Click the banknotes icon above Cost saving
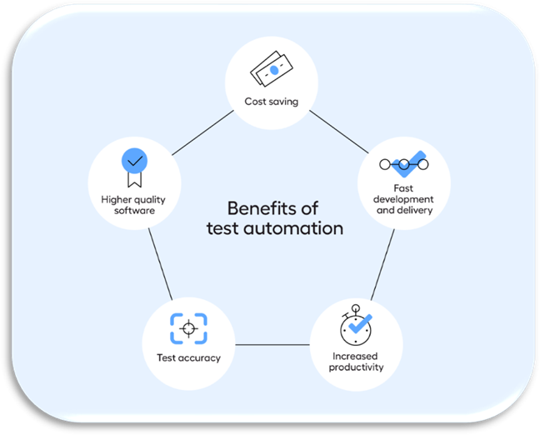[x=272, y=69]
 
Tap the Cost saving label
[x=272, y=102]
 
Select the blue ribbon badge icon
[x=134, y=167]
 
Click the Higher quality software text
[x=133, y=205]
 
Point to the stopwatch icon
[x=357, y=325]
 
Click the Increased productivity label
[x=356, y=362]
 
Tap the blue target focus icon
[x=188, y=328]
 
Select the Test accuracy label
[x=188, y=357]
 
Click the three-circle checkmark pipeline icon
[x=404, y=164]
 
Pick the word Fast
[x=403, y=188]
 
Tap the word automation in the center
[x=293, y=228]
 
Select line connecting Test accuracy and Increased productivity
[x=272, y=344]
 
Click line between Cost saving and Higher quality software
[x=202, y=132]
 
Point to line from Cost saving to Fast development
[x=339, y=132]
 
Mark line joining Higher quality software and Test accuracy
[x=160, y=264]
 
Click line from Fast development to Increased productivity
[x=382, y=264]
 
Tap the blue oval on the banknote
[x=274, y=70]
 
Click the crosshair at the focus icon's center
[x=188, y=328]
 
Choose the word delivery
[x=415, y=210]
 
